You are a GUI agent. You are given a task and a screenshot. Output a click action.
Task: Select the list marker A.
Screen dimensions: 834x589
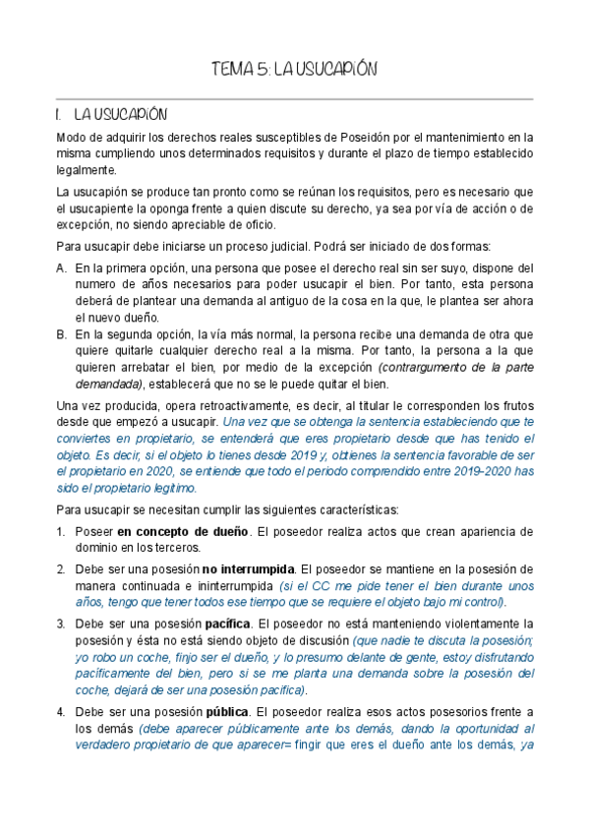click(x=62, y=268)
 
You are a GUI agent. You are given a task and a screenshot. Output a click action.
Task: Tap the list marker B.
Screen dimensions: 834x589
click(x=62, y=335)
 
